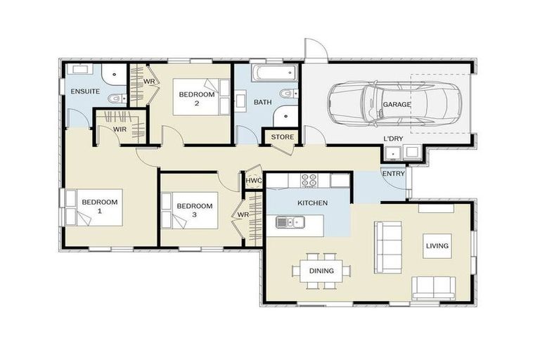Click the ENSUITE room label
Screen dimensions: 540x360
(85, 91)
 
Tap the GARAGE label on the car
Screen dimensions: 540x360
(397, 104)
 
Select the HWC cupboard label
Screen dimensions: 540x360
(253, 181)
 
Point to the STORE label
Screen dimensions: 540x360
(283, 137)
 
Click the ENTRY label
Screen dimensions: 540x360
(393, 174)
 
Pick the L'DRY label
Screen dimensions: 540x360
(393, 139)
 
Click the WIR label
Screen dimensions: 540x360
(120, 129)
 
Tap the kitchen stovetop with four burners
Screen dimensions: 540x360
(309, 181)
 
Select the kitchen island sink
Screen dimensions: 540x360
(290, 222)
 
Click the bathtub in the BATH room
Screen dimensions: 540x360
(274, 73)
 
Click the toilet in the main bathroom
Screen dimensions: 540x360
(288, 94)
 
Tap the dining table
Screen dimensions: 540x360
(321, 271)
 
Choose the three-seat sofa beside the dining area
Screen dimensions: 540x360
(388, 247)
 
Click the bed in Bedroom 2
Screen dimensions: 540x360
(201, 97)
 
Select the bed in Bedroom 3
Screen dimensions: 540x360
(190, 210)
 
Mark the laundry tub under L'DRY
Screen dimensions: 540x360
(392, 153)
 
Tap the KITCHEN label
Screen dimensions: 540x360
(312, 203)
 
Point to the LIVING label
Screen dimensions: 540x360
(437, 246)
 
